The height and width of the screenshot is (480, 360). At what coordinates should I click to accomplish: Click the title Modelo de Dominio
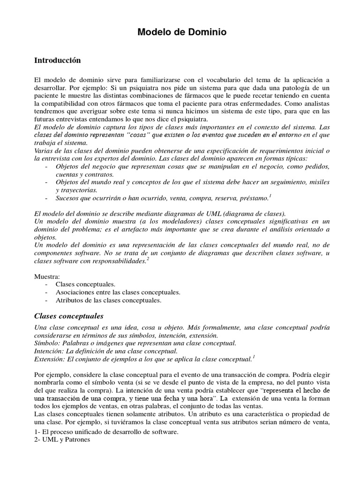182,32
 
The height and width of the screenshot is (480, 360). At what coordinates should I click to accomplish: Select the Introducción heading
58,60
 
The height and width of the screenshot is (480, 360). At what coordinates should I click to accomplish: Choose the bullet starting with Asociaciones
118,292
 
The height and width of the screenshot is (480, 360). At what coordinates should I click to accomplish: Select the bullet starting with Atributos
108,300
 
